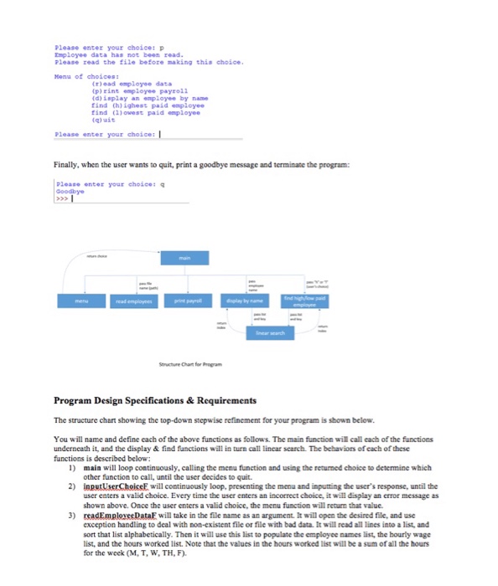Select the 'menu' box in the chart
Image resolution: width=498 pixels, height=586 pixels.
pyautogui.click(x=81, y=299)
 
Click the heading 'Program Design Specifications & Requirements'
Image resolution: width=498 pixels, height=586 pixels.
pyautogui.click(x=156, y=400)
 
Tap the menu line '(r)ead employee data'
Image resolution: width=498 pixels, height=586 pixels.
pyautogui.click(x=131, y=84)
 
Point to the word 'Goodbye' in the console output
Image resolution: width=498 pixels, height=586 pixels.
pyautogui.click(x=65, y=190)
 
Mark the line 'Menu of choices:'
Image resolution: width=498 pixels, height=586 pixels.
pyautogui.click(x=78, y=76)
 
